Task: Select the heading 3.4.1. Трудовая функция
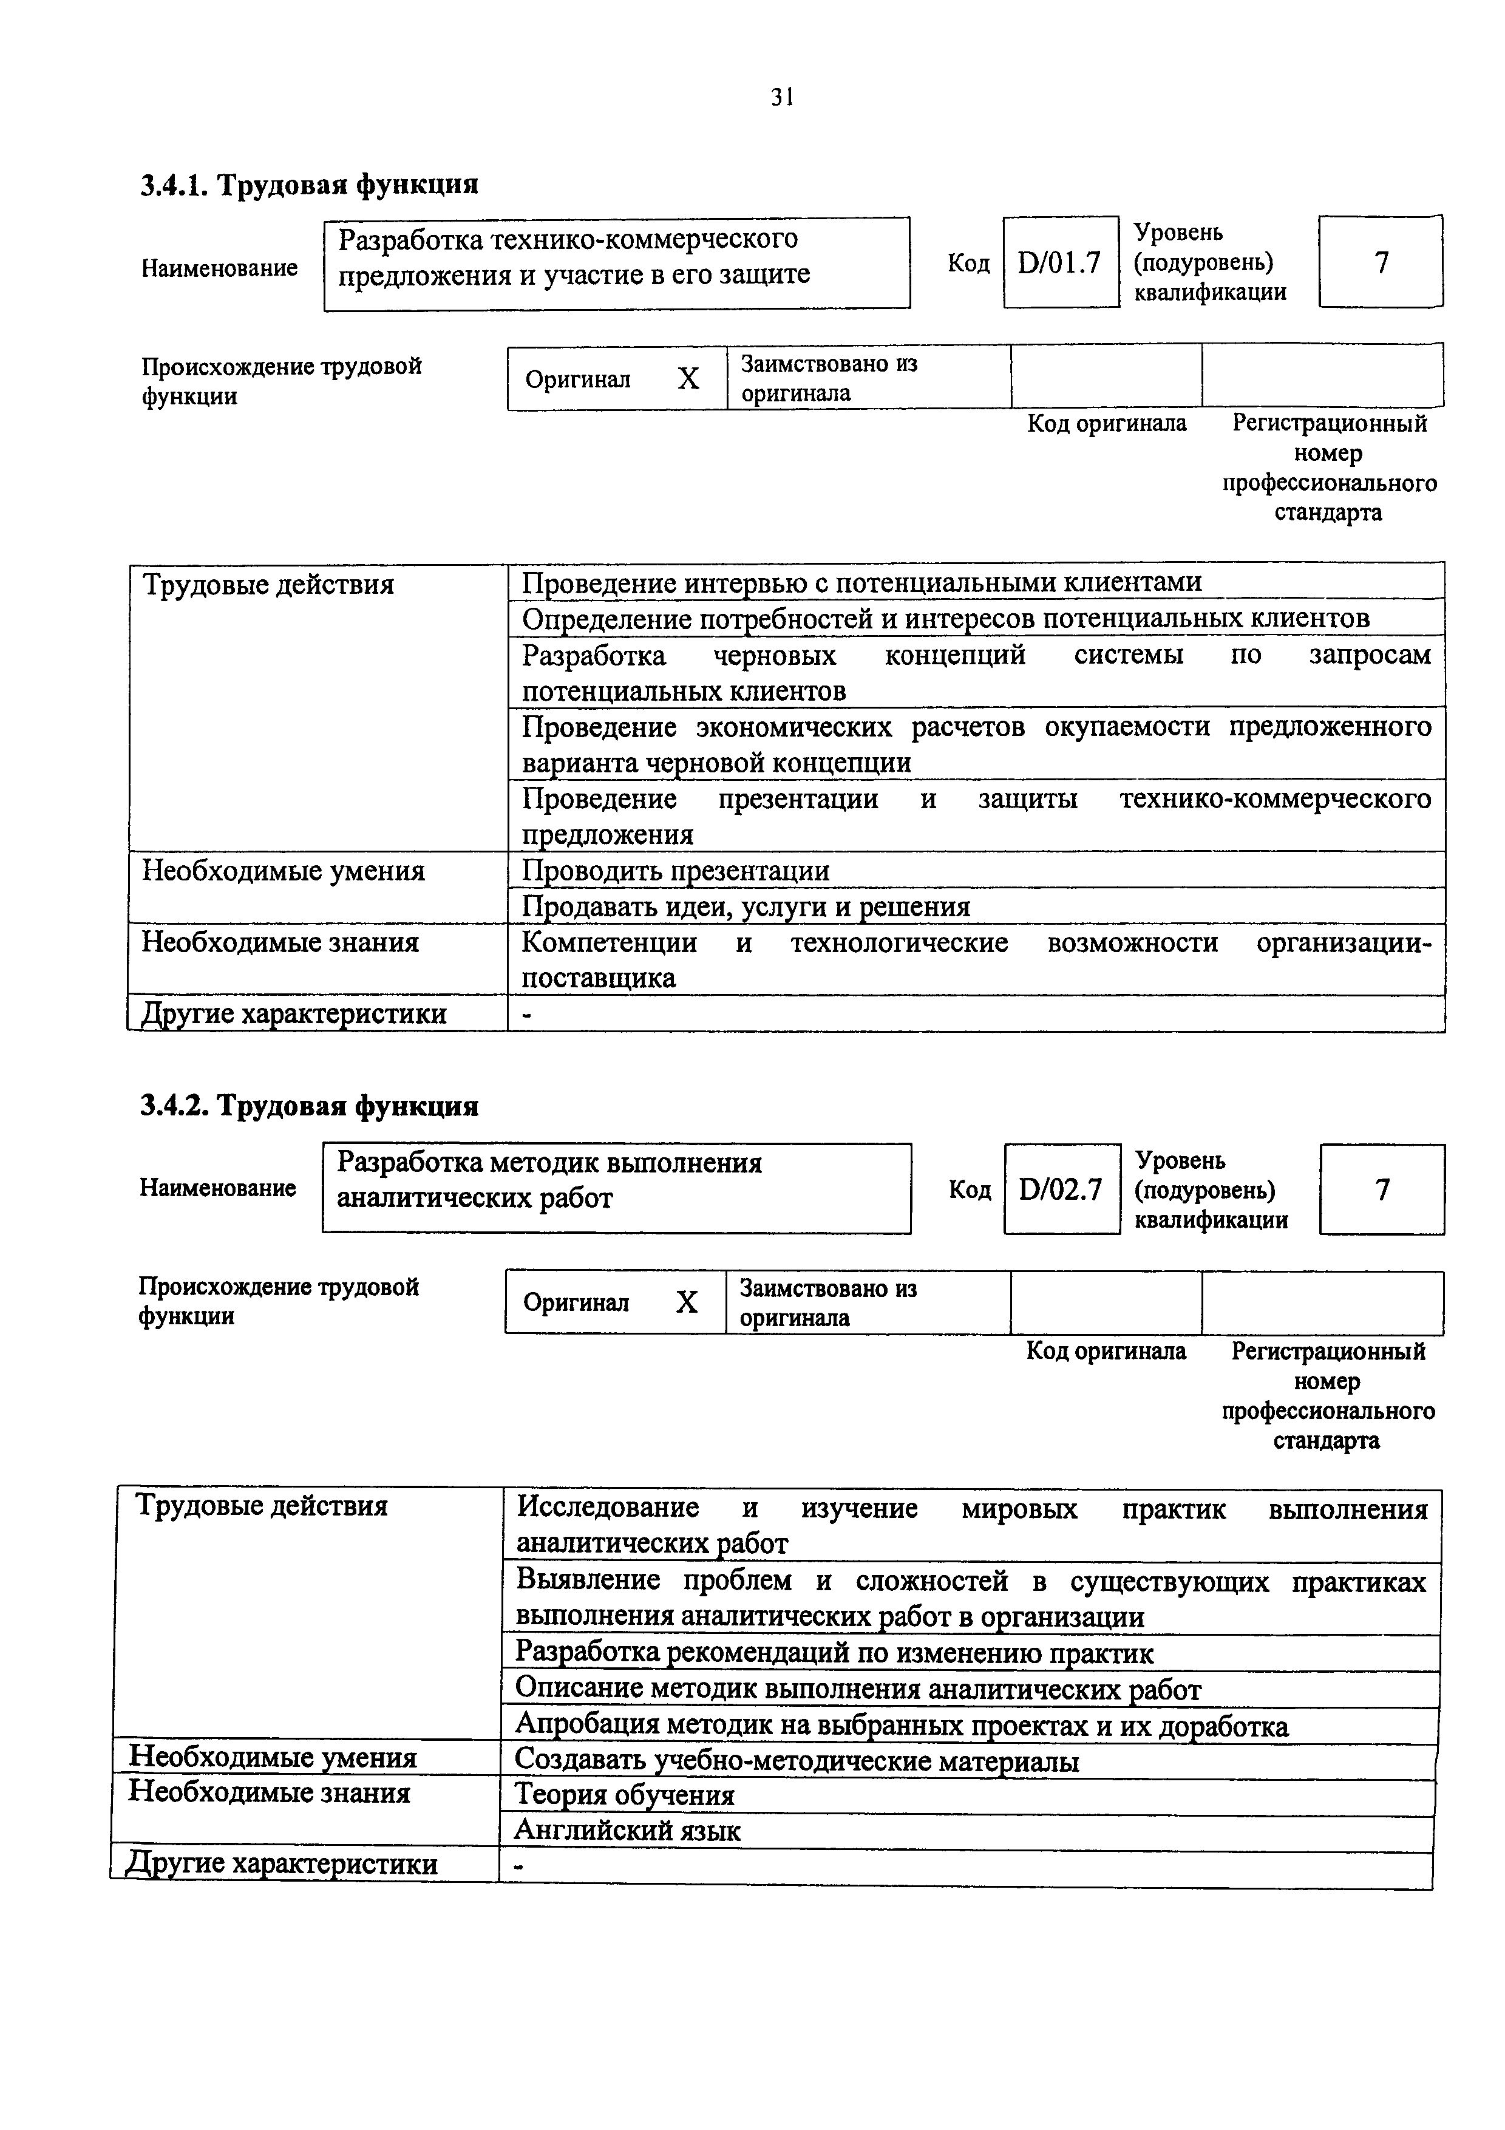[x=309, y=185]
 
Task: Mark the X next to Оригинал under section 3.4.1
[x=688, y=378]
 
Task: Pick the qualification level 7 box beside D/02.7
[x=1382, y=1189]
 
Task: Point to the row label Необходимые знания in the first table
[x=280, y=942]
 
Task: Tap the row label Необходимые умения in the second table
[x=273, y=1757]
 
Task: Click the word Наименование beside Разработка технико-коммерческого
[x=220, y=268]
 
